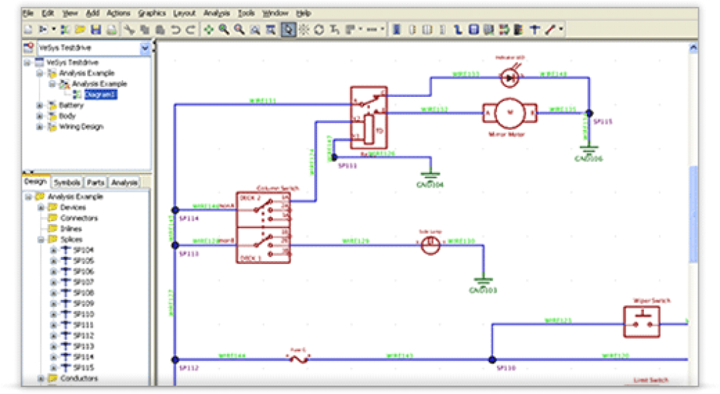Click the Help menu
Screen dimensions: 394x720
303,13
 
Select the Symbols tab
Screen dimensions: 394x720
67,183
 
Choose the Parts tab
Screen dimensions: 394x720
96,183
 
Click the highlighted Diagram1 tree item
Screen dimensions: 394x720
101,94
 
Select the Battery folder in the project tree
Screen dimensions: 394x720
71,105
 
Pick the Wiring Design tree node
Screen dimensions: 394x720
80,126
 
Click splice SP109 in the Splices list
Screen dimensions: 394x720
83,303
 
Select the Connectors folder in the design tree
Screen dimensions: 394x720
79,218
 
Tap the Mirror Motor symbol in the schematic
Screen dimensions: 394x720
510,111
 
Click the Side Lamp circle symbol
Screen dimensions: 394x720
430,244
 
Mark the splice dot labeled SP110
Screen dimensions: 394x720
492,360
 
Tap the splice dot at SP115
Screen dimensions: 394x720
589,112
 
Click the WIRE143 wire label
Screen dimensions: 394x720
400,355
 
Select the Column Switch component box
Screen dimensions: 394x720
263,227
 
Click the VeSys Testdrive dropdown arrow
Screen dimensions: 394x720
145,48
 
